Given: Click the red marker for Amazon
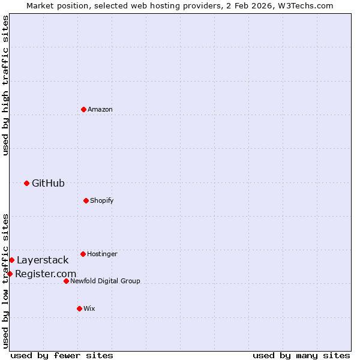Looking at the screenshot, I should [x=83, y=109].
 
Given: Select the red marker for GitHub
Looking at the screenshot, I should [x=26, y=183].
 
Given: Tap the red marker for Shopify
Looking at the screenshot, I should [x=86, y=200].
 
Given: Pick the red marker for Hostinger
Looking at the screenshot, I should [x=83, y=254].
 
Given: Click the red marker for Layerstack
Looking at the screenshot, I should [x=11, y=260].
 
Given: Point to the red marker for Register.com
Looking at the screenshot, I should [x=10, y=274].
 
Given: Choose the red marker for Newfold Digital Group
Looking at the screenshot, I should [x=66, y=281].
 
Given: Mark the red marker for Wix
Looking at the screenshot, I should [x=79, y=308].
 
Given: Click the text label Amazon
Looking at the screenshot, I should [x=100, y=109].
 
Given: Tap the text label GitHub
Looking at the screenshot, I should [x=48, y=183].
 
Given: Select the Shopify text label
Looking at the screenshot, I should [x=102, y=200].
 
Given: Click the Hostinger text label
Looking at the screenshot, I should [x=102, y=254].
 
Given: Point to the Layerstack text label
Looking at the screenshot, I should [x=43, y=260].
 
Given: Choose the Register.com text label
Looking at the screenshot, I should [x=46, y=274].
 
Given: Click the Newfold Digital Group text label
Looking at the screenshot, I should [x=105, y=281].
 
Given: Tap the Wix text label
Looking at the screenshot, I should [x=89, y=308].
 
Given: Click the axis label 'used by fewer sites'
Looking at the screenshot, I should [x=62, y=355].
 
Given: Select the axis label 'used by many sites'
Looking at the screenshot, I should [x=301, y=355].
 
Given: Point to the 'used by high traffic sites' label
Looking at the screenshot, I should [x=5, y=85].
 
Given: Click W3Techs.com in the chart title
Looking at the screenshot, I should [x=305, y=5].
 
